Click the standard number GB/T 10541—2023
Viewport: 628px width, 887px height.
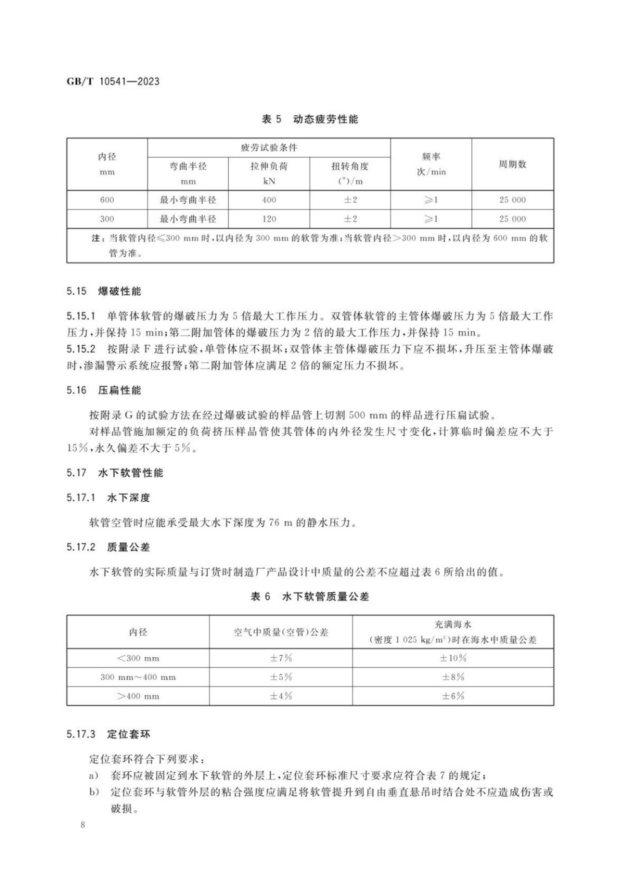(113, 81)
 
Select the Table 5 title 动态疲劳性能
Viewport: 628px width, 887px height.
(310, 119)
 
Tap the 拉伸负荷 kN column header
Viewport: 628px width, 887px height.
(269, 173)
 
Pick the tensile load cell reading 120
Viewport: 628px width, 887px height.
(269, 219)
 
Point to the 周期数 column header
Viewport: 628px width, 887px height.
(512, 164)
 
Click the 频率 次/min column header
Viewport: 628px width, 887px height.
(431, 164)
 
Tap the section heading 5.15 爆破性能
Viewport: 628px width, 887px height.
(104, 291)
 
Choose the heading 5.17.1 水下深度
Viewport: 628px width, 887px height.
(108, 498)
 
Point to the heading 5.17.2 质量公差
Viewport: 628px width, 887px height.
(108, 547)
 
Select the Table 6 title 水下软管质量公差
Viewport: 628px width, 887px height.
(310, 596)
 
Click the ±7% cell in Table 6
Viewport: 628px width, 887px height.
(281, 658)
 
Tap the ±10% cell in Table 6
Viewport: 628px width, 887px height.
(453, 658)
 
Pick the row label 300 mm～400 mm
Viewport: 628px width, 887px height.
(138, 677)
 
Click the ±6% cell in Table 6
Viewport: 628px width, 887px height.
(453, 696)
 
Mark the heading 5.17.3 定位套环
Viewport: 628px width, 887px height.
(108, 734)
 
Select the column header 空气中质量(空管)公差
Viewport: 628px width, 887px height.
(281, 632)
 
